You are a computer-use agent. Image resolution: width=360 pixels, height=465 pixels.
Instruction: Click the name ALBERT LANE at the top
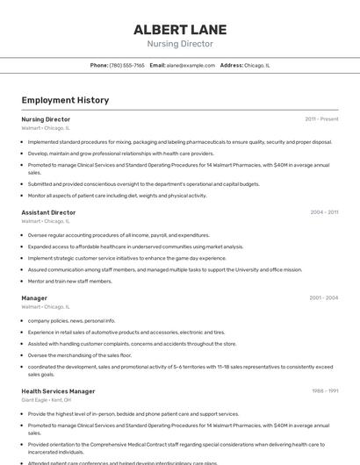tap(179, 30)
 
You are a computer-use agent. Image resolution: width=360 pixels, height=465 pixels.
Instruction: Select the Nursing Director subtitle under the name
tap(179, 44)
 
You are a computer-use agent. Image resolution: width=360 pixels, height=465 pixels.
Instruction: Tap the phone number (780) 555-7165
tap(127, 65)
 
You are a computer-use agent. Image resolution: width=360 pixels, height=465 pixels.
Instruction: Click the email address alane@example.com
tap(191, 65)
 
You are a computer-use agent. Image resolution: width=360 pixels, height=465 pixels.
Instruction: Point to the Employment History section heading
tap(65, 100)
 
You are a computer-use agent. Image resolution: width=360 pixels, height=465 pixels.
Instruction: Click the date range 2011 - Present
tap(321, 119)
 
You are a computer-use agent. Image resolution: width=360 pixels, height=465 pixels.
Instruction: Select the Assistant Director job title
tap(48, 212)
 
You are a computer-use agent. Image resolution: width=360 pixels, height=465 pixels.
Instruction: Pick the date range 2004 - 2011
tap(324, 212)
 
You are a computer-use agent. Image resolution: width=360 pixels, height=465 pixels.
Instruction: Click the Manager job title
tap(34, 297)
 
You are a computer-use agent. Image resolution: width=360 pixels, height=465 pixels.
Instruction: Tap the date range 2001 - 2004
tap(323, 297)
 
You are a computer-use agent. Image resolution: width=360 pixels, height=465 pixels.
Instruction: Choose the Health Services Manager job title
tap(58, 391)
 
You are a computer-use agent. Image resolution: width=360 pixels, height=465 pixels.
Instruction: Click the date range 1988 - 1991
tap(325, 391)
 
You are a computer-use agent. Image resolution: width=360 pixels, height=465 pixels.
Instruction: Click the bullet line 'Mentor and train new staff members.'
tap(69, 281)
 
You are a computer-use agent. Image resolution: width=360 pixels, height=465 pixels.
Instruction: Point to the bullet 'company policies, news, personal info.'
tap(71, 320)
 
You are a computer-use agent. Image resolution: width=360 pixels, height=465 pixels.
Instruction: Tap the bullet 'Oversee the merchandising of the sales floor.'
tap(79, 354)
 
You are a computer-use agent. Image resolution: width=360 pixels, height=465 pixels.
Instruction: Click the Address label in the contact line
tap(231, 65)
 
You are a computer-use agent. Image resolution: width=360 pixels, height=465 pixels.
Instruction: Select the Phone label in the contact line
tap(99, 65)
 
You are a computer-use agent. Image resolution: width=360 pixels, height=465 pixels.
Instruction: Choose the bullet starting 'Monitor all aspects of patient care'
tap(117, 196)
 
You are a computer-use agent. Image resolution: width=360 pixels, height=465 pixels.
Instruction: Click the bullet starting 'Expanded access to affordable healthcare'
tap(135, 247)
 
